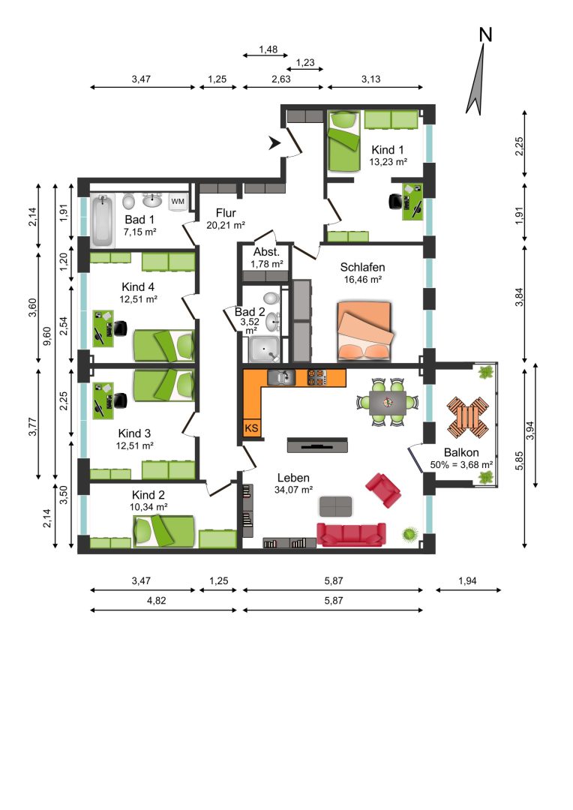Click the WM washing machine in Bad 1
point(177,202)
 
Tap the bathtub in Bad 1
point(102,220)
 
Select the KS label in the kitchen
point(251,427)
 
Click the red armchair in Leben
point(382,489)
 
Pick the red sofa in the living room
point(351,534)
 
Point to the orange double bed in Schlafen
point(364,331)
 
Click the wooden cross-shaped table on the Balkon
point(467,416)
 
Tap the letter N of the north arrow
point(486,34)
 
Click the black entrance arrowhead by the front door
point(274,143)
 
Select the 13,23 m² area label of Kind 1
point(388,162)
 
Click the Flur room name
point(226,213)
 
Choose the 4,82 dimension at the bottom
point(157,601)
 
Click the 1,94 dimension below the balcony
point(467,580)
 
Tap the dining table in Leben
point(388,402)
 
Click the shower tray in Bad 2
point(264,349)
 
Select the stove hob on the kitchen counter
point(316,377)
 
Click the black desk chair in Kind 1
point(395,201)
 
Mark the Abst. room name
point(266,252)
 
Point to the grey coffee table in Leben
point(335,506)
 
